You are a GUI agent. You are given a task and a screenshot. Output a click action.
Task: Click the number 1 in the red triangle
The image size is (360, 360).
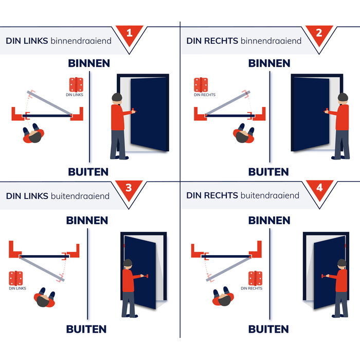129,33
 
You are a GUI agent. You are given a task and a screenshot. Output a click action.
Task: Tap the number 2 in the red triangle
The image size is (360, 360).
319,33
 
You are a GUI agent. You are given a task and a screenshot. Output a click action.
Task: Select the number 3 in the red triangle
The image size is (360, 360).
129,188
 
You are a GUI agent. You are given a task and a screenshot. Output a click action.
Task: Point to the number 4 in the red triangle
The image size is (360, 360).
319,188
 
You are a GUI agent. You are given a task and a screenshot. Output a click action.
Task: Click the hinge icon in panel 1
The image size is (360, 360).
76,84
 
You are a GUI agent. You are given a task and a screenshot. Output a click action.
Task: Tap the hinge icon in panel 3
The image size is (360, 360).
16,278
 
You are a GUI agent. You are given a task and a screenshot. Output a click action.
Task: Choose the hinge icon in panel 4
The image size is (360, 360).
255,278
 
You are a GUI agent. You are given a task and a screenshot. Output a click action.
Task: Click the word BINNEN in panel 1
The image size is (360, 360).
89,63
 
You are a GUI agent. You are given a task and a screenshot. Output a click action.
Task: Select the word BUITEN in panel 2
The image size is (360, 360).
268,172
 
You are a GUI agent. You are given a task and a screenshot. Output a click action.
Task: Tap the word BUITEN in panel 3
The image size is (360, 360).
86,329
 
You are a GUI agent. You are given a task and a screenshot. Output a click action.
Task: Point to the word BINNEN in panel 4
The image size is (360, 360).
269,220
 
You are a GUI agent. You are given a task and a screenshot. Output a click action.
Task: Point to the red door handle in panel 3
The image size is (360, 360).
146,277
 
